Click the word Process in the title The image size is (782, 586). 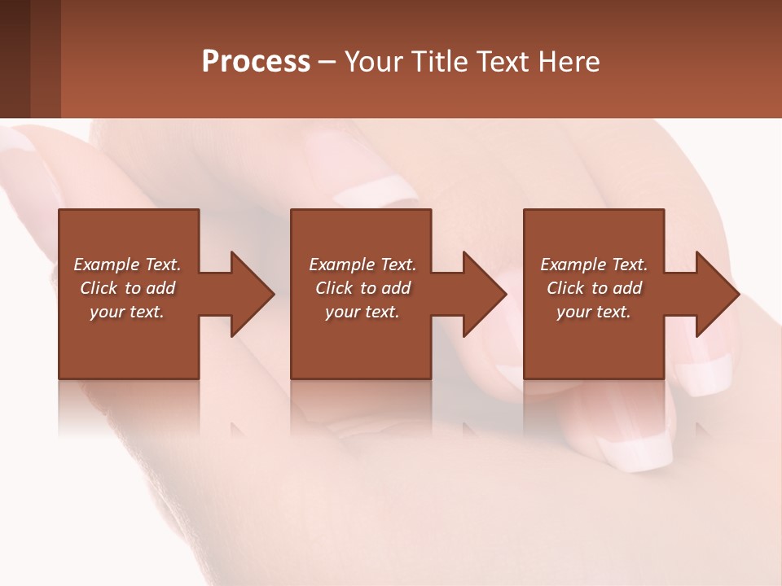coord(256,62)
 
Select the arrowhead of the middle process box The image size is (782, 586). coord(484,294)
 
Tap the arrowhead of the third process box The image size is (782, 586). coord(717,294)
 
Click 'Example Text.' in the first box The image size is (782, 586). coord(127,265)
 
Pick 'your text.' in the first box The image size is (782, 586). coord(127,312)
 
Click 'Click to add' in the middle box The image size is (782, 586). coord(362,288)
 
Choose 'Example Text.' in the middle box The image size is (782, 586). coord(362,265)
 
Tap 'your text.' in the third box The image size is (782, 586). coord(594,312)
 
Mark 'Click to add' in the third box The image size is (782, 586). coord(594,288)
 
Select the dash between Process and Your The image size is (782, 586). coord(327,62)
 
